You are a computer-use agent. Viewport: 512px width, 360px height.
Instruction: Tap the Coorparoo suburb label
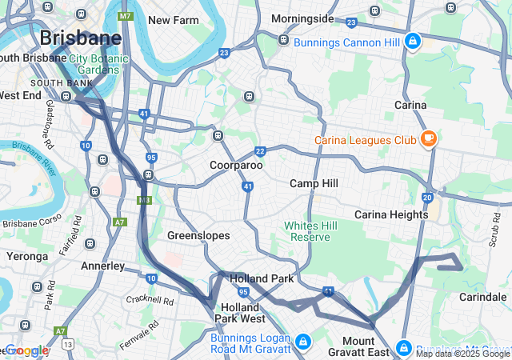[x=236, y=165]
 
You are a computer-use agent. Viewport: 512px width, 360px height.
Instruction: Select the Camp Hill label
[x=314, y=183]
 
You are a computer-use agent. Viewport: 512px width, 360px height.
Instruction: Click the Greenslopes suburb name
[x=198, y=235]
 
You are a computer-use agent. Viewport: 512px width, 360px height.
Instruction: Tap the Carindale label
[x=482, y=297]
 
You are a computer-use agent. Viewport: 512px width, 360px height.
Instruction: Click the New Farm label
[x=173, y=20]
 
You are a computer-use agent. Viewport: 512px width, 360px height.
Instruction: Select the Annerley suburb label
[x=102, y=265]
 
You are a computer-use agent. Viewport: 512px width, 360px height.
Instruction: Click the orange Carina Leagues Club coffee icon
[x=429, y=138]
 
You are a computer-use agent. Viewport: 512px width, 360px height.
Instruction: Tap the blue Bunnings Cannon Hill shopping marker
[x=412, y=40]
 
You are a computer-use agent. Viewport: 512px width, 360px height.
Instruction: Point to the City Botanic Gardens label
[x=99, y=64]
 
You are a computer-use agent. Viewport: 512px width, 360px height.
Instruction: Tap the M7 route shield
[x=125, y=16]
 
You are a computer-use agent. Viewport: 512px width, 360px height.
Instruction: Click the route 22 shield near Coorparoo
[x=260, y=151]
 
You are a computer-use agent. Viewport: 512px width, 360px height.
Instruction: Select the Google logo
[x=26, y=350]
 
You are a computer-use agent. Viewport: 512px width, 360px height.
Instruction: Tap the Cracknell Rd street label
[x=150, y=301]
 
